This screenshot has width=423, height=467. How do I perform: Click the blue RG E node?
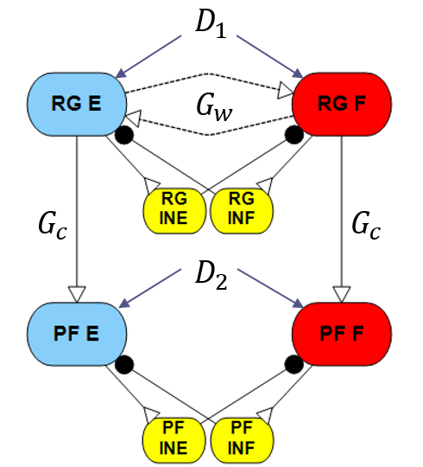(77, 105)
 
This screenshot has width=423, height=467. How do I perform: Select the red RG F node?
(342, 105)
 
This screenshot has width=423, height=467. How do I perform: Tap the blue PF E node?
(77, 334)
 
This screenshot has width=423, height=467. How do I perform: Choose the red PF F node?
(342, 334)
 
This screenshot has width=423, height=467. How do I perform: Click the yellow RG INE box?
(174, 210)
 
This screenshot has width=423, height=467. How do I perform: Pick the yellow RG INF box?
(242, 210)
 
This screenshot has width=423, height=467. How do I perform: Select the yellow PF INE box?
(174, 440)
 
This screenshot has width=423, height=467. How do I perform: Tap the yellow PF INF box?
(242, 440)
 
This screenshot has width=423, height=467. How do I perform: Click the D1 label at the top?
(211, 25)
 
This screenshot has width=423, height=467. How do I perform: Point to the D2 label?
(211, 277)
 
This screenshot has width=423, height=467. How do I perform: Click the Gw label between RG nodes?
(214, 109)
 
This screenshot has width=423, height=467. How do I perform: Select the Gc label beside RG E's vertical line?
(53, 226)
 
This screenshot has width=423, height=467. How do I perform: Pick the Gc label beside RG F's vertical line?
(366, 226)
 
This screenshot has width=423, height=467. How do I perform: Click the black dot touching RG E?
(124, 135)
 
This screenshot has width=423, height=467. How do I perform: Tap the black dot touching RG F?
(294, 135)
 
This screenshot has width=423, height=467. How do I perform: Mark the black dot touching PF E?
(124, 365)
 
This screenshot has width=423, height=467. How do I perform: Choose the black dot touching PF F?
(294, 365)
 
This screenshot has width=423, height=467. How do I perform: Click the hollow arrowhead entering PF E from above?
(77, 294)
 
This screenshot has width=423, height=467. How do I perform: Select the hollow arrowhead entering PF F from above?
(342, 294)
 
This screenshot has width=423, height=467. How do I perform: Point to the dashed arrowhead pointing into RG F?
(286, 91)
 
